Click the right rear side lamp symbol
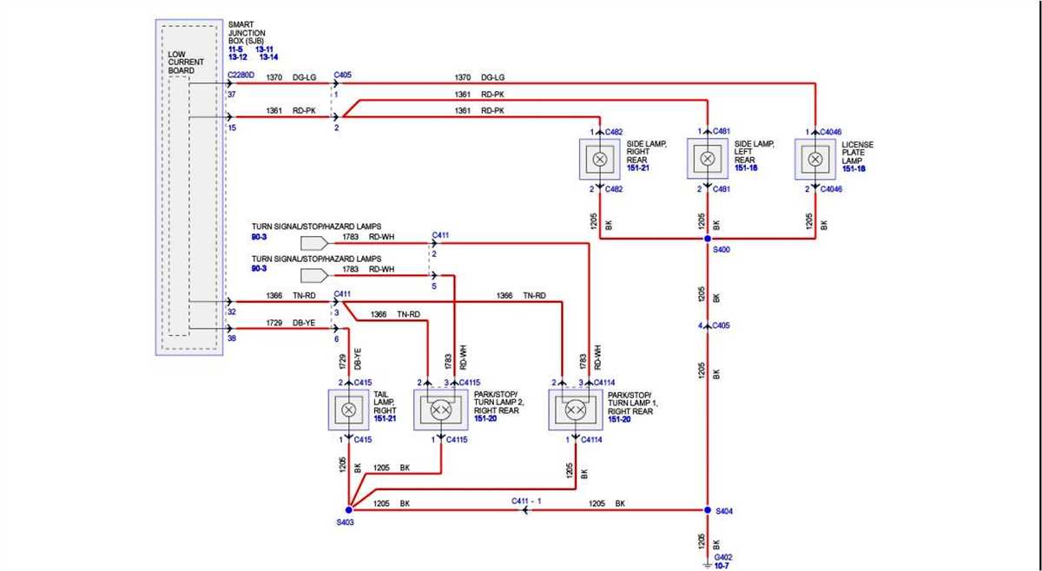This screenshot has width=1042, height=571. [599, 160]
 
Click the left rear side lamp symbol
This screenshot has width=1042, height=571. [708, 160]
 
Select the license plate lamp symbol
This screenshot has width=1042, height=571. [815, 160]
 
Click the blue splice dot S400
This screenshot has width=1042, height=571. [708, 239]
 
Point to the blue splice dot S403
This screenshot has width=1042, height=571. [348, 510]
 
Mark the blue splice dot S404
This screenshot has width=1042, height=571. [708, 510]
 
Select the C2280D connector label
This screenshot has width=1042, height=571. [241, 75]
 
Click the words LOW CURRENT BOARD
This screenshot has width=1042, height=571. [186, 62]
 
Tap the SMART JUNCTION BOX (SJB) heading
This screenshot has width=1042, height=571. [248, 34]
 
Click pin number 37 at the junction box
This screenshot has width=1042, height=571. [232, 95]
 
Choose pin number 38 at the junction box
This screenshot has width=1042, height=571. [232, 339]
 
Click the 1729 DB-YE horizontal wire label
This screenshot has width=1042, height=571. [291, 322]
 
